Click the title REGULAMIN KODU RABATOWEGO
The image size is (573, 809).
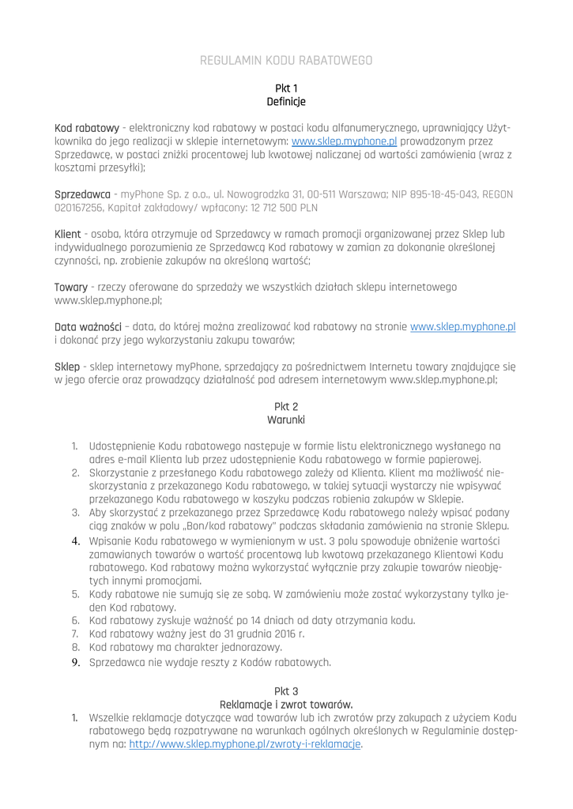pos(286,60)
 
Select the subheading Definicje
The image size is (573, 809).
pos(286,101)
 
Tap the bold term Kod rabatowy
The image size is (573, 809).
pos(86,128)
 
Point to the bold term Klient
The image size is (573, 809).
pos(70,235)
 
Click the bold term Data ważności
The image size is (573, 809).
pos(87,326)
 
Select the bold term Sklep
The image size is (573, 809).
pos(67,366)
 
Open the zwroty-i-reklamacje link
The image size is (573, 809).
pos(245,744)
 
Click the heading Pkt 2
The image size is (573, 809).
pos(286,405)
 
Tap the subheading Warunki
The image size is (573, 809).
pos(286,419)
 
